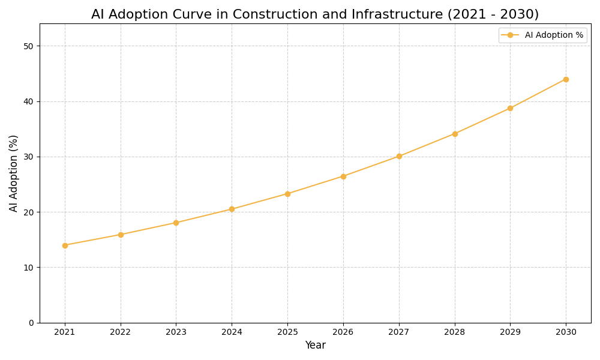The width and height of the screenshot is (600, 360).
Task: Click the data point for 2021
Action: pos(65,245)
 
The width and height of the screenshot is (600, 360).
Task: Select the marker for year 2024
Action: pos(232,209)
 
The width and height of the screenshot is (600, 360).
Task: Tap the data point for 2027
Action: pos(399,156)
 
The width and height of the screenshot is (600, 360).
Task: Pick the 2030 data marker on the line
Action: pos(566,79)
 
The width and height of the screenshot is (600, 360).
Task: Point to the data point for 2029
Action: pos(510,108)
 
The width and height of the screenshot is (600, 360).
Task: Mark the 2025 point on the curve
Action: pos(287,194)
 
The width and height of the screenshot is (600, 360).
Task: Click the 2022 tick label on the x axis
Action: pos(121,332)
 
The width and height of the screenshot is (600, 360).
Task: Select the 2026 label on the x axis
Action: pos(343,332)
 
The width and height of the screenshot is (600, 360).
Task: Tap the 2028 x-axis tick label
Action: pos(455,332)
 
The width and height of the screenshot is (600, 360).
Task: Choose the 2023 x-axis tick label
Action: pos(176,332)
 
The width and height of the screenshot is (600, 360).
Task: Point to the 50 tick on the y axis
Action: pos(29,46)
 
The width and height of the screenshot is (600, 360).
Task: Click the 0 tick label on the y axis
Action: pos(31,323)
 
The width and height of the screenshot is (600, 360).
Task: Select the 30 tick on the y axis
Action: pos(29,157)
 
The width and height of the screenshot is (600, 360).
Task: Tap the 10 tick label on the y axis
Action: pos(29,268)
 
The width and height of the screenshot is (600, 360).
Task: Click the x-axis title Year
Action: pos(315,346)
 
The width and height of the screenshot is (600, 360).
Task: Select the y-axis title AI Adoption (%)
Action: pos(14,173)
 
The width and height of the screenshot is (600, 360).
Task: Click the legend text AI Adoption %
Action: pos(554,35)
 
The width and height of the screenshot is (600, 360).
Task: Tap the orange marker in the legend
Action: pos(510,35)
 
